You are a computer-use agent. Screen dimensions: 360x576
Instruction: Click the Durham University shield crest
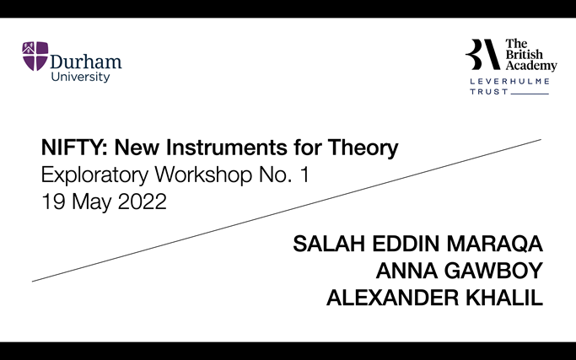[35, 56]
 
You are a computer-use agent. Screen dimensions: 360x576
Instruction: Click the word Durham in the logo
[86, 62]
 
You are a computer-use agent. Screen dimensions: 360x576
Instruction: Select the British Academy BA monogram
[482, 54]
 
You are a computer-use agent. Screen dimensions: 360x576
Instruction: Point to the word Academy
[531, 66]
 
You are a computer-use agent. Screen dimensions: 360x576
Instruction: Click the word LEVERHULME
[509, 81]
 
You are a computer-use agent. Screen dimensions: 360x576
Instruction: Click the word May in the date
[88, 203]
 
